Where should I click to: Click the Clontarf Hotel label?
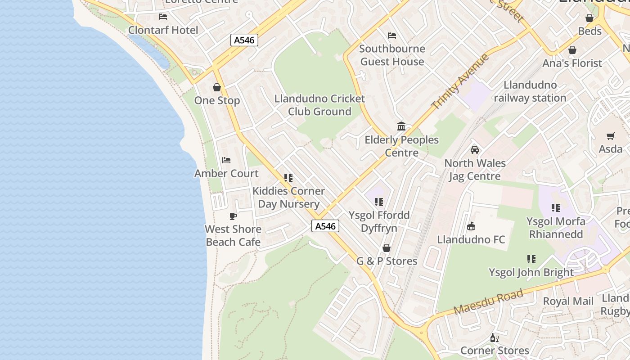[x=163, y=30]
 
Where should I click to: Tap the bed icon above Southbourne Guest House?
[x=392, y=35]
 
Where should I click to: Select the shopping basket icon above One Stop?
[x=217, y=87]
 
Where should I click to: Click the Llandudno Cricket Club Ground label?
[x=319, y=105]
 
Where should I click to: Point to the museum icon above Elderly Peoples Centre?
[x=401, y=126]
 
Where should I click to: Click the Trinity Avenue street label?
[x=460, y=81]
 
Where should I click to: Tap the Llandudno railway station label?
[x=530, y=91]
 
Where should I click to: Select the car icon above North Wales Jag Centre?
[x=475, y=150]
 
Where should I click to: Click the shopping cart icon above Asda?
[x=611, y=136]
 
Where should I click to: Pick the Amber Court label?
[x=226, y=173]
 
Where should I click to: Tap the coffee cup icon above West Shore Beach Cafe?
[x=233, y=216]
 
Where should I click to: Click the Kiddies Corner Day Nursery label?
[x=288, y=197]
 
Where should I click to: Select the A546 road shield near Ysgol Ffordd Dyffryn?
[x=325, y=226]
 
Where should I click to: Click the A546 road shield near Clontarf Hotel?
[x=244, y=40]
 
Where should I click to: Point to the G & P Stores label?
[x=387, y=261]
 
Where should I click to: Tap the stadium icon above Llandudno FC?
[x=471, y=226]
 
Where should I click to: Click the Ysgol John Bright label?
[x=531, y=272]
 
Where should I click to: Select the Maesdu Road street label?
[x=488, y=302]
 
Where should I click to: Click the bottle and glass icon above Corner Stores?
[x=495, y=337]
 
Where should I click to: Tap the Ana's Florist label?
[x=572, y=63]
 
